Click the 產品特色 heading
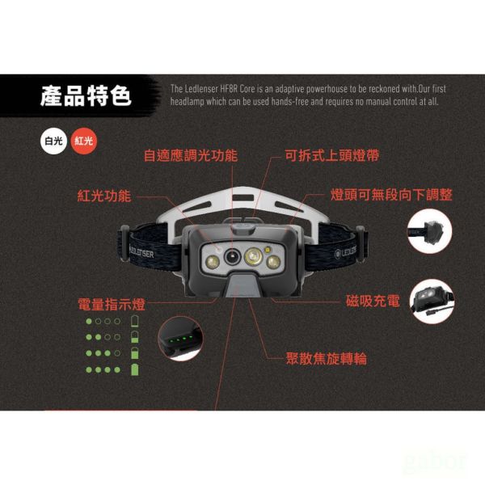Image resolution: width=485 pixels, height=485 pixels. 86,97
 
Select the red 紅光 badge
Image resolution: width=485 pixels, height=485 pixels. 83,140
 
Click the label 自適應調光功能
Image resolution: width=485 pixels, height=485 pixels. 190,155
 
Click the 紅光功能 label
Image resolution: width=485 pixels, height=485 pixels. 103,196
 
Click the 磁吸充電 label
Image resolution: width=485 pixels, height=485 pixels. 373,302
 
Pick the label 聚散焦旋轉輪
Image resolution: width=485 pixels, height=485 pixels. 326,357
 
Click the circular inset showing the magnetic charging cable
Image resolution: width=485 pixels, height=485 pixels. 431,302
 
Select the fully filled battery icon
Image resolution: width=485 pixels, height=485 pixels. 135,369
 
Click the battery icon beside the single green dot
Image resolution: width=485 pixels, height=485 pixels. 135,322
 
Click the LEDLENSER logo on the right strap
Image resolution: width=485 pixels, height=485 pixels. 352,253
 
